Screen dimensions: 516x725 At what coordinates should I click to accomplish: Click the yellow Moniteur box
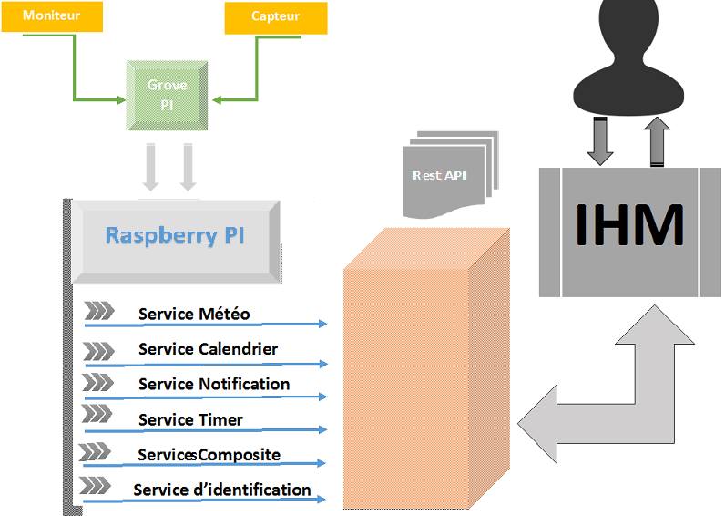tap(51, 16)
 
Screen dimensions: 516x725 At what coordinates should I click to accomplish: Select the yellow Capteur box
tap(275, 16)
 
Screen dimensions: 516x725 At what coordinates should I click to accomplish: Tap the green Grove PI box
tap(167, 93)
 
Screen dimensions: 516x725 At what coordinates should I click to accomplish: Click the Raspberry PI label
tap(174, 235)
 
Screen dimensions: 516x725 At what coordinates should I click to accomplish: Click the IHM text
tap(629, 224)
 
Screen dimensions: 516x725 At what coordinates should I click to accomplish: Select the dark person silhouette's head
tap(629, 36)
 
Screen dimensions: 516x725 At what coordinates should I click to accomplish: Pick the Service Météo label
tap(194, 315)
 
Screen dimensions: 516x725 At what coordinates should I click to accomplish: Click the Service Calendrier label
tap(208, 349)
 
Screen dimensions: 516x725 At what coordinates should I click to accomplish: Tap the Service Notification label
tap(214, 384)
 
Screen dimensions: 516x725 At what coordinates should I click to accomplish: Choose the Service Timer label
tap(190, 419)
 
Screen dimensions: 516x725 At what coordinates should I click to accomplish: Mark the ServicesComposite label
tap(209, 454)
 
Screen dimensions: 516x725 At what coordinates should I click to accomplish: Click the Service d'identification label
tap(222, 490)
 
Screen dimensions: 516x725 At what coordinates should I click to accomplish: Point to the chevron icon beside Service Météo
tap(98, 313)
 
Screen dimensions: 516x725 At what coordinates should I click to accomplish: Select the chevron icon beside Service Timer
tap(97, 415)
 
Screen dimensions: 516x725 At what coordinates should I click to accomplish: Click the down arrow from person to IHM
tap(600, 141)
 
